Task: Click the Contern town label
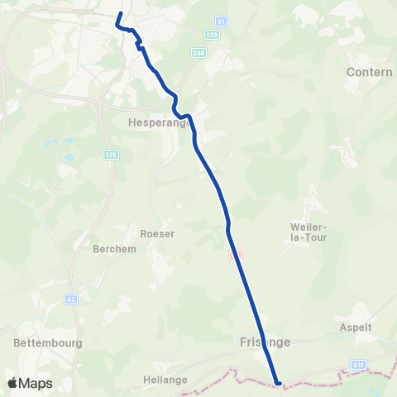click(x=370, y=72)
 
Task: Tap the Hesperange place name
click(x=160, y=122)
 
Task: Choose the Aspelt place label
click(x=356, y=327)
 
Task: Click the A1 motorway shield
click(x=221, y=21)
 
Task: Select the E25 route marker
click(x=110, y=153)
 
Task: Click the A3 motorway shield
click(x=72, y=299)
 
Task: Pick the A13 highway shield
click(x=357, y=363)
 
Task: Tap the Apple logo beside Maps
click(x=13, y=383)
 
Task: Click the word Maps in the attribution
click(x=36, y=383)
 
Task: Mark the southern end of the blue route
click(x=278, y=383)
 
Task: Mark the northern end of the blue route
click(x=121, y=14)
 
